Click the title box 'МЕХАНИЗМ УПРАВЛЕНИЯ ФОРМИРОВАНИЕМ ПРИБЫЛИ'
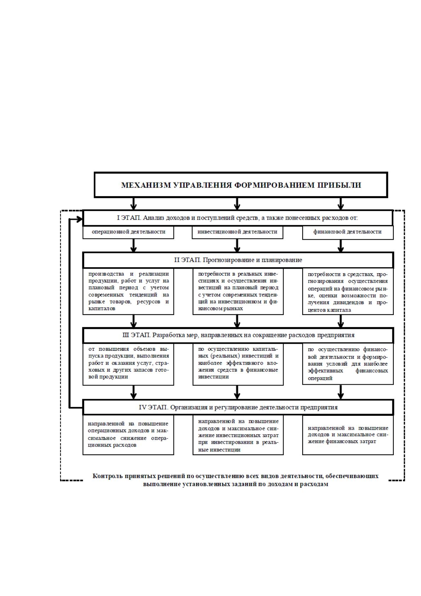[x=241, y=185]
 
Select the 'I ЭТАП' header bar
[x=238, y=218]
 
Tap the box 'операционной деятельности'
[x=128, y=232]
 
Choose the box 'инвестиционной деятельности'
[x=238, y=232]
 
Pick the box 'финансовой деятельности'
[x=348, y=233]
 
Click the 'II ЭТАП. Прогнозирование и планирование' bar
[x=238, y=260]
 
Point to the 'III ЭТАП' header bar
[x=238, y=335]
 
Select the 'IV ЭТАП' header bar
[x=238, y=407]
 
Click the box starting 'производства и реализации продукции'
[x=128, y=291]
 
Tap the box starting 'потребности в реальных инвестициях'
[x=238, y=291]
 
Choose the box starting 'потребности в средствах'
[x=348, y=292]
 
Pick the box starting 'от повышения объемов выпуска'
[x=128, y=364]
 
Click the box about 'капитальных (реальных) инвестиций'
[x=238, y=364]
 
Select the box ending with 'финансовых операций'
[x=348, y=364]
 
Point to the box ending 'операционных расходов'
[x=128, y=435]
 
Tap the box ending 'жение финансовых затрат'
[x=348, y=435]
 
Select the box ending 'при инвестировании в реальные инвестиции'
[x=238, y=435]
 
